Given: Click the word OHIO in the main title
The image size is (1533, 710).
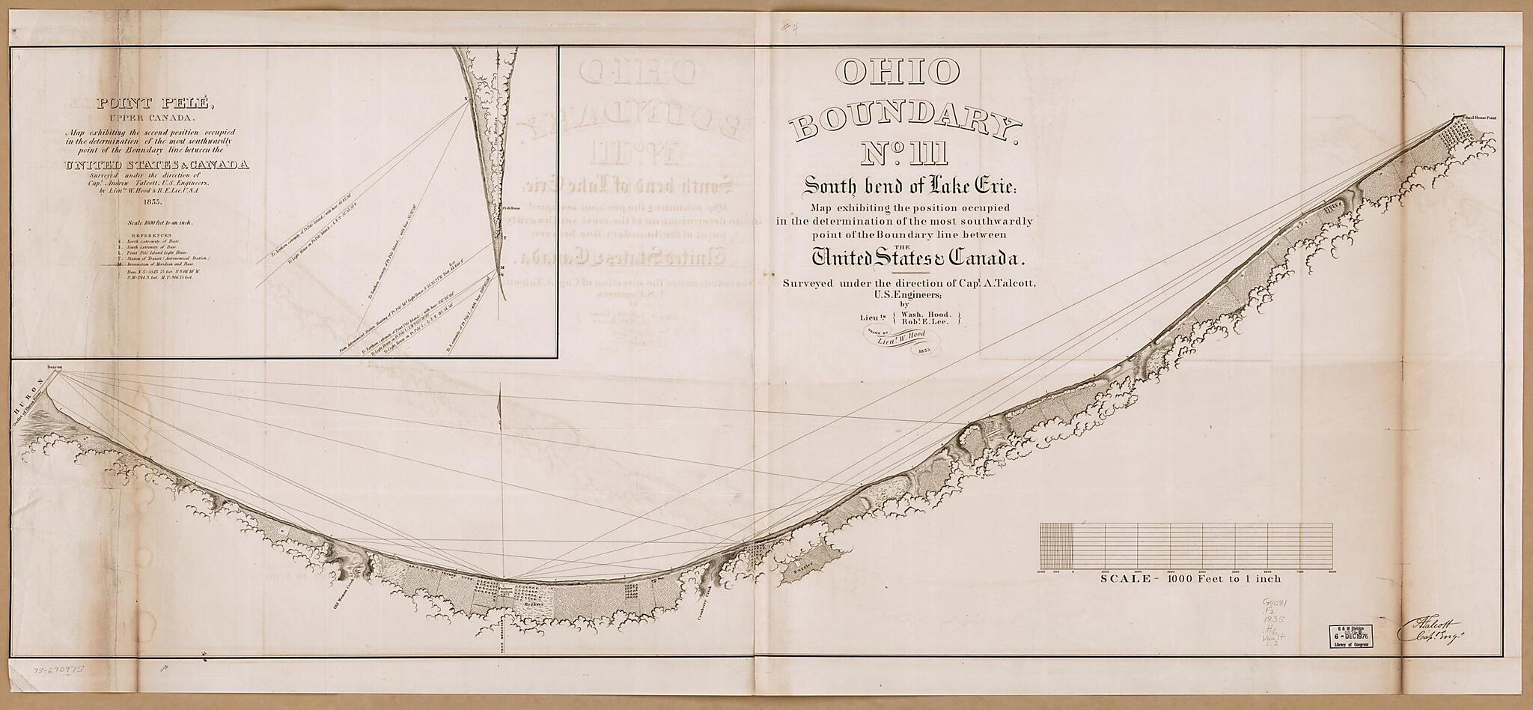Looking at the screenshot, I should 897,73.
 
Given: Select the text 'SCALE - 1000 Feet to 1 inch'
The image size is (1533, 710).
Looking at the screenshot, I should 1190,579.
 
